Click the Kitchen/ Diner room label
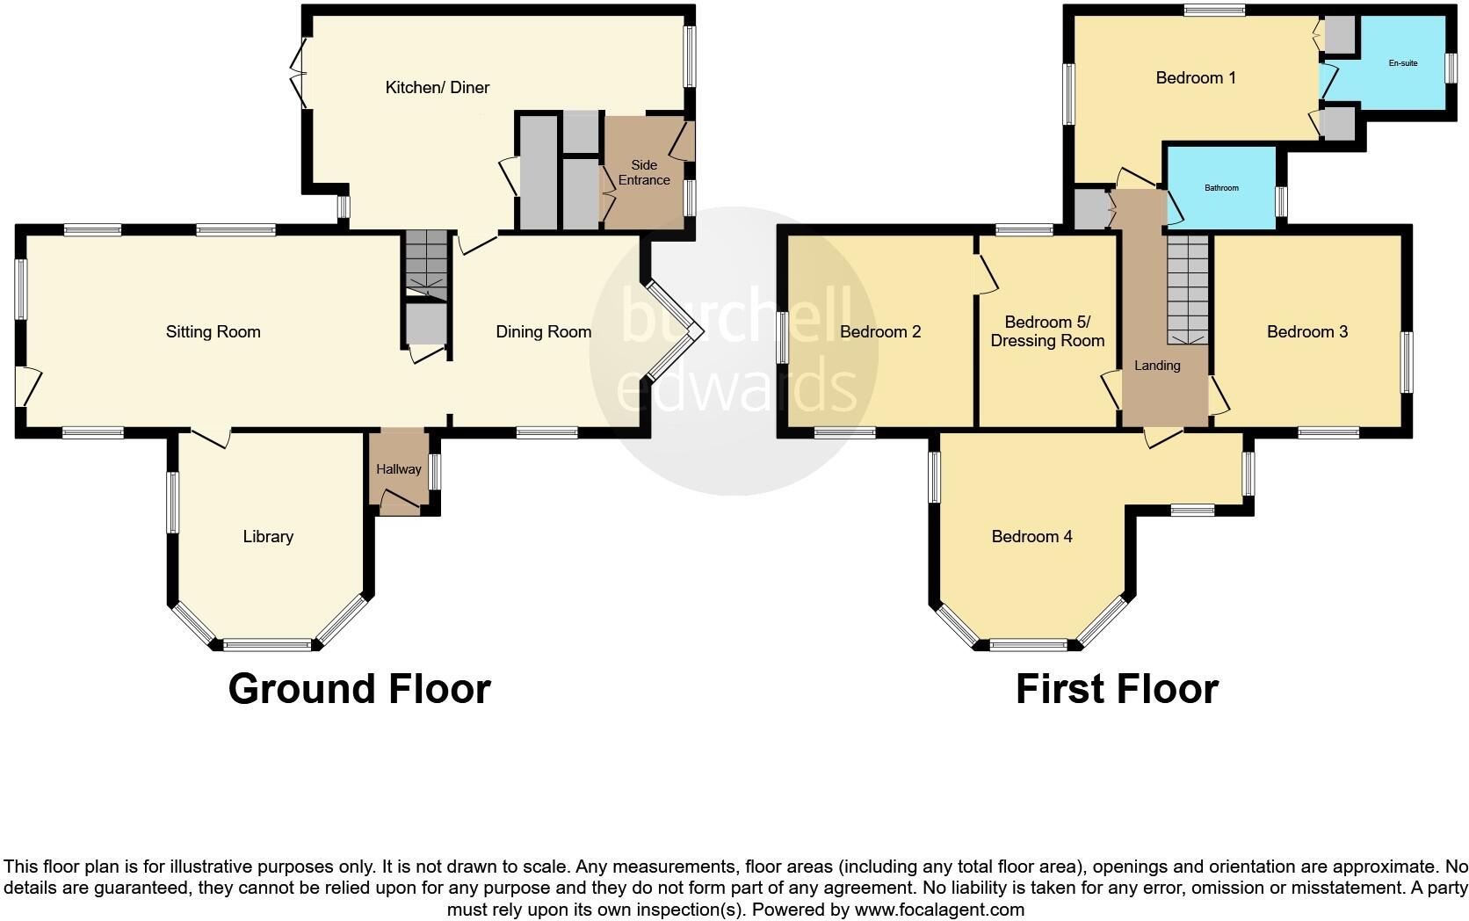tap(437, 87)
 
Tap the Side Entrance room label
tap(644, 172)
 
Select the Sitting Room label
tap(213, 331)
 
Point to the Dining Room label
tap(543, 331)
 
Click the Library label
tap(268, 536)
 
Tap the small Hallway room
tap(399, 469)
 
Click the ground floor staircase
tap(426, 263)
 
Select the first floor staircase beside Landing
tap(1187, 288)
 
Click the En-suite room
tap(1402, 63)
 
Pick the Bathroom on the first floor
tap(1221, 188)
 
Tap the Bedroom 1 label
tap(1196, 78)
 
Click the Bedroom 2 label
tap(880, 331)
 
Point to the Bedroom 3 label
tap(1306, 331)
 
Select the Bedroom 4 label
tap(1031, 536)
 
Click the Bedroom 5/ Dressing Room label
tap(1047, 331)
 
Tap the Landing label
tap(1157, 366)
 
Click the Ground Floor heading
tap(358, 688)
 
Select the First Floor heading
tap(1117, 689)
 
